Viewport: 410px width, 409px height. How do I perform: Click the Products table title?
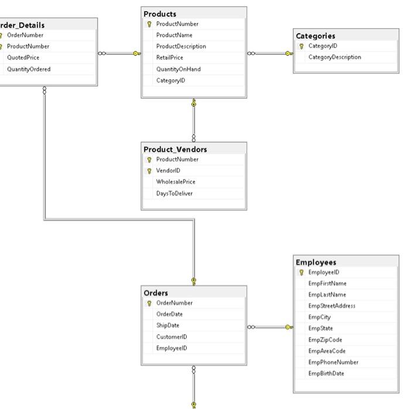tap(160, 13)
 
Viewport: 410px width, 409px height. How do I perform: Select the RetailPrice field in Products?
tap(169, 58)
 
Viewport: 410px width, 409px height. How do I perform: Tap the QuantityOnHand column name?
tap(178, 69)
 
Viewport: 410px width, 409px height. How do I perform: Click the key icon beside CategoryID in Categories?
tap(302, 46)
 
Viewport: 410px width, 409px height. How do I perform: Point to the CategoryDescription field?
tap(334, 57)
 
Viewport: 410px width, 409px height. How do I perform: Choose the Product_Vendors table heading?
tap(175, 149)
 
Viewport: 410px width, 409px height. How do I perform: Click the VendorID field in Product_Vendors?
tap(168, 171)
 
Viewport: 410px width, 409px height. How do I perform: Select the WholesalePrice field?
tap(176, 182)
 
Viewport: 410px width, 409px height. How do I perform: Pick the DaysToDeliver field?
tap(174, 193)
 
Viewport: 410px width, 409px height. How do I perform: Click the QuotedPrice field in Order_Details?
tap(23, 58)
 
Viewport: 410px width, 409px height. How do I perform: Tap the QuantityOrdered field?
tap(29, 69)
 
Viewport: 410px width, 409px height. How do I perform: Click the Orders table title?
tap(156, 293)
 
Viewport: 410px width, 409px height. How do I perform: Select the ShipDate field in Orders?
tap(168, 326)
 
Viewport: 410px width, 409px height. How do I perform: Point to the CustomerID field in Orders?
tap(172, 337)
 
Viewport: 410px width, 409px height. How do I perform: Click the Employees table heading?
tap(316, 262)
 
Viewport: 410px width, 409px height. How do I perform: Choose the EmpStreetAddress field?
tap(332, 306)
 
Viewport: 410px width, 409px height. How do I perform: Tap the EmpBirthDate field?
tap(326, 373)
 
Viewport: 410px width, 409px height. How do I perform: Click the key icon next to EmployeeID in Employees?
tap(302, 273)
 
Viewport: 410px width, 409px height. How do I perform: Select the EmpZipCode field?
tap(325, 340)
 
